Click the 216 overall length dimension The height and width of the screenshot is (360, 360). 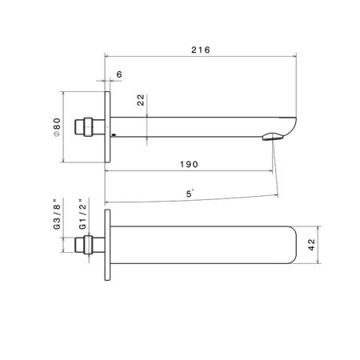[x=201, y=50]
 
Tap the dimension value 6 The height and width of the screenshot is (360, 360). [x=119, y=74]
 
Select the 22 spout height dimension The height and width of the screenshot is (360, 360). [x=141, y=100]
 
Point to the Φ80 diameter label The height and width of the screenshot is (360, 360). [x=57, y=127]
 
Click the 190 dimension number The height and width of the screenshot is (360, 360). [x=189, y=164]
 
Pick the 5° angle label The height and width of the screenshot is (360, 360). [x=190, y=194]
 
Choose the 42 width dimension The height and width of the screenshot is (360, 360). [x=311, y=245]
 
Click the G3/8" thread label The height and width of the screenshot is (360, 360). [x=57, y=214]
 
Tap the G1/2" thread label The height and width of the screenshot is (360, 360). [x=82, y=214]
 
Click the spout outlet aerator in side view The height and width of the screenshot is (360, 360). [x=273, y=137]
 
